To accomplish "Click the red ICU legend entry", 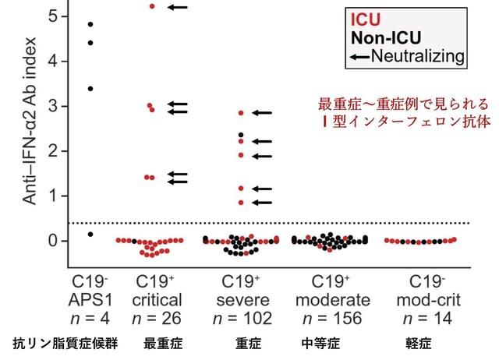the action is pos(366,19).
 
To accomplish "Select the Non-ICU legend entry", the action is pos(386,38).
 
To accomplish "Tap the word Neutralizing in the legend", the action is pos(418,56).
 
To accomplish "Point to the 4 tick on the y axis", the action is pos(53,61).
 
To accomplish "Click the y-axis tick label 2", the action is pos(53,150).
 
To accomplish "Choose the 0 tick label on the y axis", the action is pos(53,241).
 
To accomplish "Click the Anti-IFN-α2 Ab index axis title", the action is pos(30,121).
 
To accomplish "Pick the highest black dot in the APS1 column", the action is pos(90,24).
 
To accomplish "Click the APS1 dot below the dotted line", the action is pos(90,235).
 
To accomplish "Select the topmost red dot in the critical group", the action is pos(152,6).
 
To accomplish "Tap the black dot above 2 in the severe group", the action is pos(241,135).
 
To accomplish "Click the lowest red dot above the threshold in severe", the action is pos(241,203).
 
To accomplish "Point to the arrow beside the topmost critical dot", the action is pos(178,7).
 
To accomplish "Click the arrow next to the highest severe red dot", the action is pos(262,112).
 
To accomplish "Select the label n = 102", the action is pos(242,319).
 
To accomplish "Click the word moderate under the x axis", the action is pos(333,300).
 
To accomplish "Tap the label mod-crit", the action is pos(429,300).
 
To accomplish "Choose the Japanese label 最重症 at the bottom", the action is pos(163,344).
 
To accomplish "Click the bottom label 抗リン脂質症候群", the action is pos(65,344).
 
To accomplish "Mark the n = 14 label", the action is pos(427,319).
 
